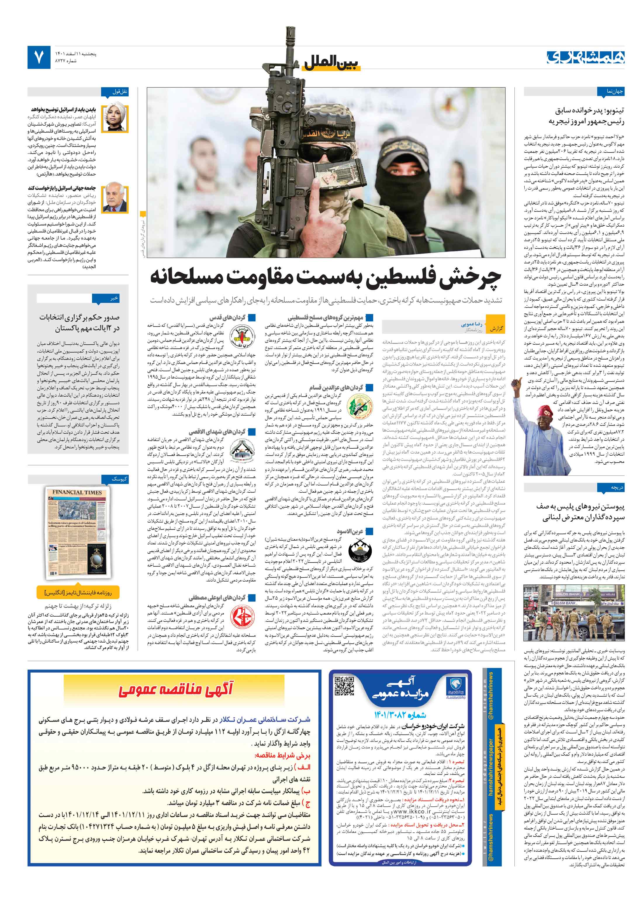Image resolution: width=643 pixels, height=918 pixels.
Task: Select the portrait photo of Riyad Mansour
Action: point(114,199)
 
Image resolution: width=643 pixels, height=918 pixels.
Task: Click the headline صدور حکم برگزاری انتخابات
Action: point(79,317)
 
